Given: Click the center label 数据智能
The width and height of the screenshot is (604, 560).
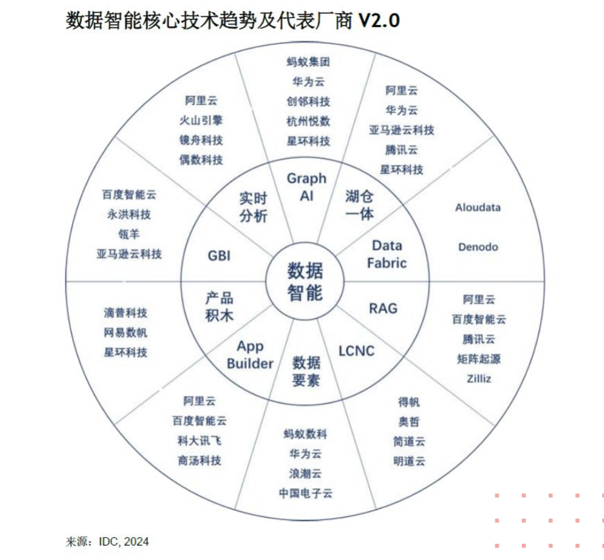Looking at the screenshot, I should pos(305,281).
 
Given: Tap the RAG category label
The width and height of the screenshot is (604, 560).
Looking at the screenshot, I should pos(383,307).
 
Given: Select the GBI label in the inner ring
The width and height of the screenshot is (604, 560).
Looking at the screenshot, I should pos(219,255).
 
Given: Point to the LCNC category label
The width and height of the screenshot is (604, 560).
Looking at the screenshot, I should pos(356,351).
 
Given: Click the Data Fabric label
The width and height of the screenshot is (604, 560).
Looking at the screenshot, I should pos(387,254).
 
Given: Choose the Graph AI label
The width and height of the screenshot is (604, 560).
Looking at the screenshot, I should pos(306,187).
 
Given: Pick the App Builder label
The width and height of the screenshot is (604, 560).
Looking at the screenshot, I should pos(250,355).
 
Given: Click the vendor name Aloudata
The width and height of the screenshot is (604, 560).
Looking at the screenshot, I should pos(478,207).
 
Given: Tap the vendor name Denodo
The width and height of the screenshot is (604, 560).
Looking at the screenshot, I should pos(478,246).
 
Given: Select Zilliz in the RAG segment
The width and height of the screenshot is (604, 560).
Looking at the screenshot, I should pos(479,378).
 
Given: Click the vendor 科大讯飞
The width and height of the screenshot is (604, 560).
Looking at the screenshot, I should pos(200,440).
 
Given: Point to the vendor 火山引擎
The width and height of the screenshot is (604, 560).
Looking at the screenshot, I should pos(201,120).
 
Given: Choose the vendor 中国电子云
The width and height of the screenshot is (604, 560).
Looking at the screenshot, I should pos(305,493).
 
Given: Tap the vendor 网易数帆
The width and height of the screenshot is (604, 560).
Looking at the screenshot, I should pos(126,333).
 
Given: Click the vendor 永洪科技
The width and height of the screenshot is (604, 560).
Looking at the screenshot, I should pos(129,214).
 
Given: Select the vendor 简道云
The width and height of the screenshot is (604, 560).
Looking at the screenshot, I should pos(409,442).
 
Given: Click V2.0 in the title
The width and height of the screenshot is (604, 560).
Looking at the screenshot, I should pos(379,21).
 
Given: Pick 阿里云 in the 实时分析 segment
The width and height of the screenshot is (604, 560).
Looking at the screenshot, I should pos(201,101).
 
